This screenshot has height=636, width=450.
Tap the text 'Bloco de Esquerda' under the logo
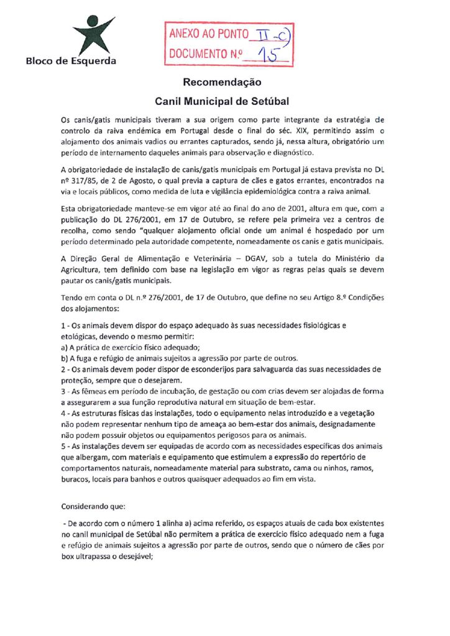tap(70, 61)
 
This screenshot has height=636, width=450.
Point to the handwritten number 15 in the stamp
tap(268, 55)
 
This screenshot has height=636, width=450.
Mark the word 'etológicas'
tap(81, 336)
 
